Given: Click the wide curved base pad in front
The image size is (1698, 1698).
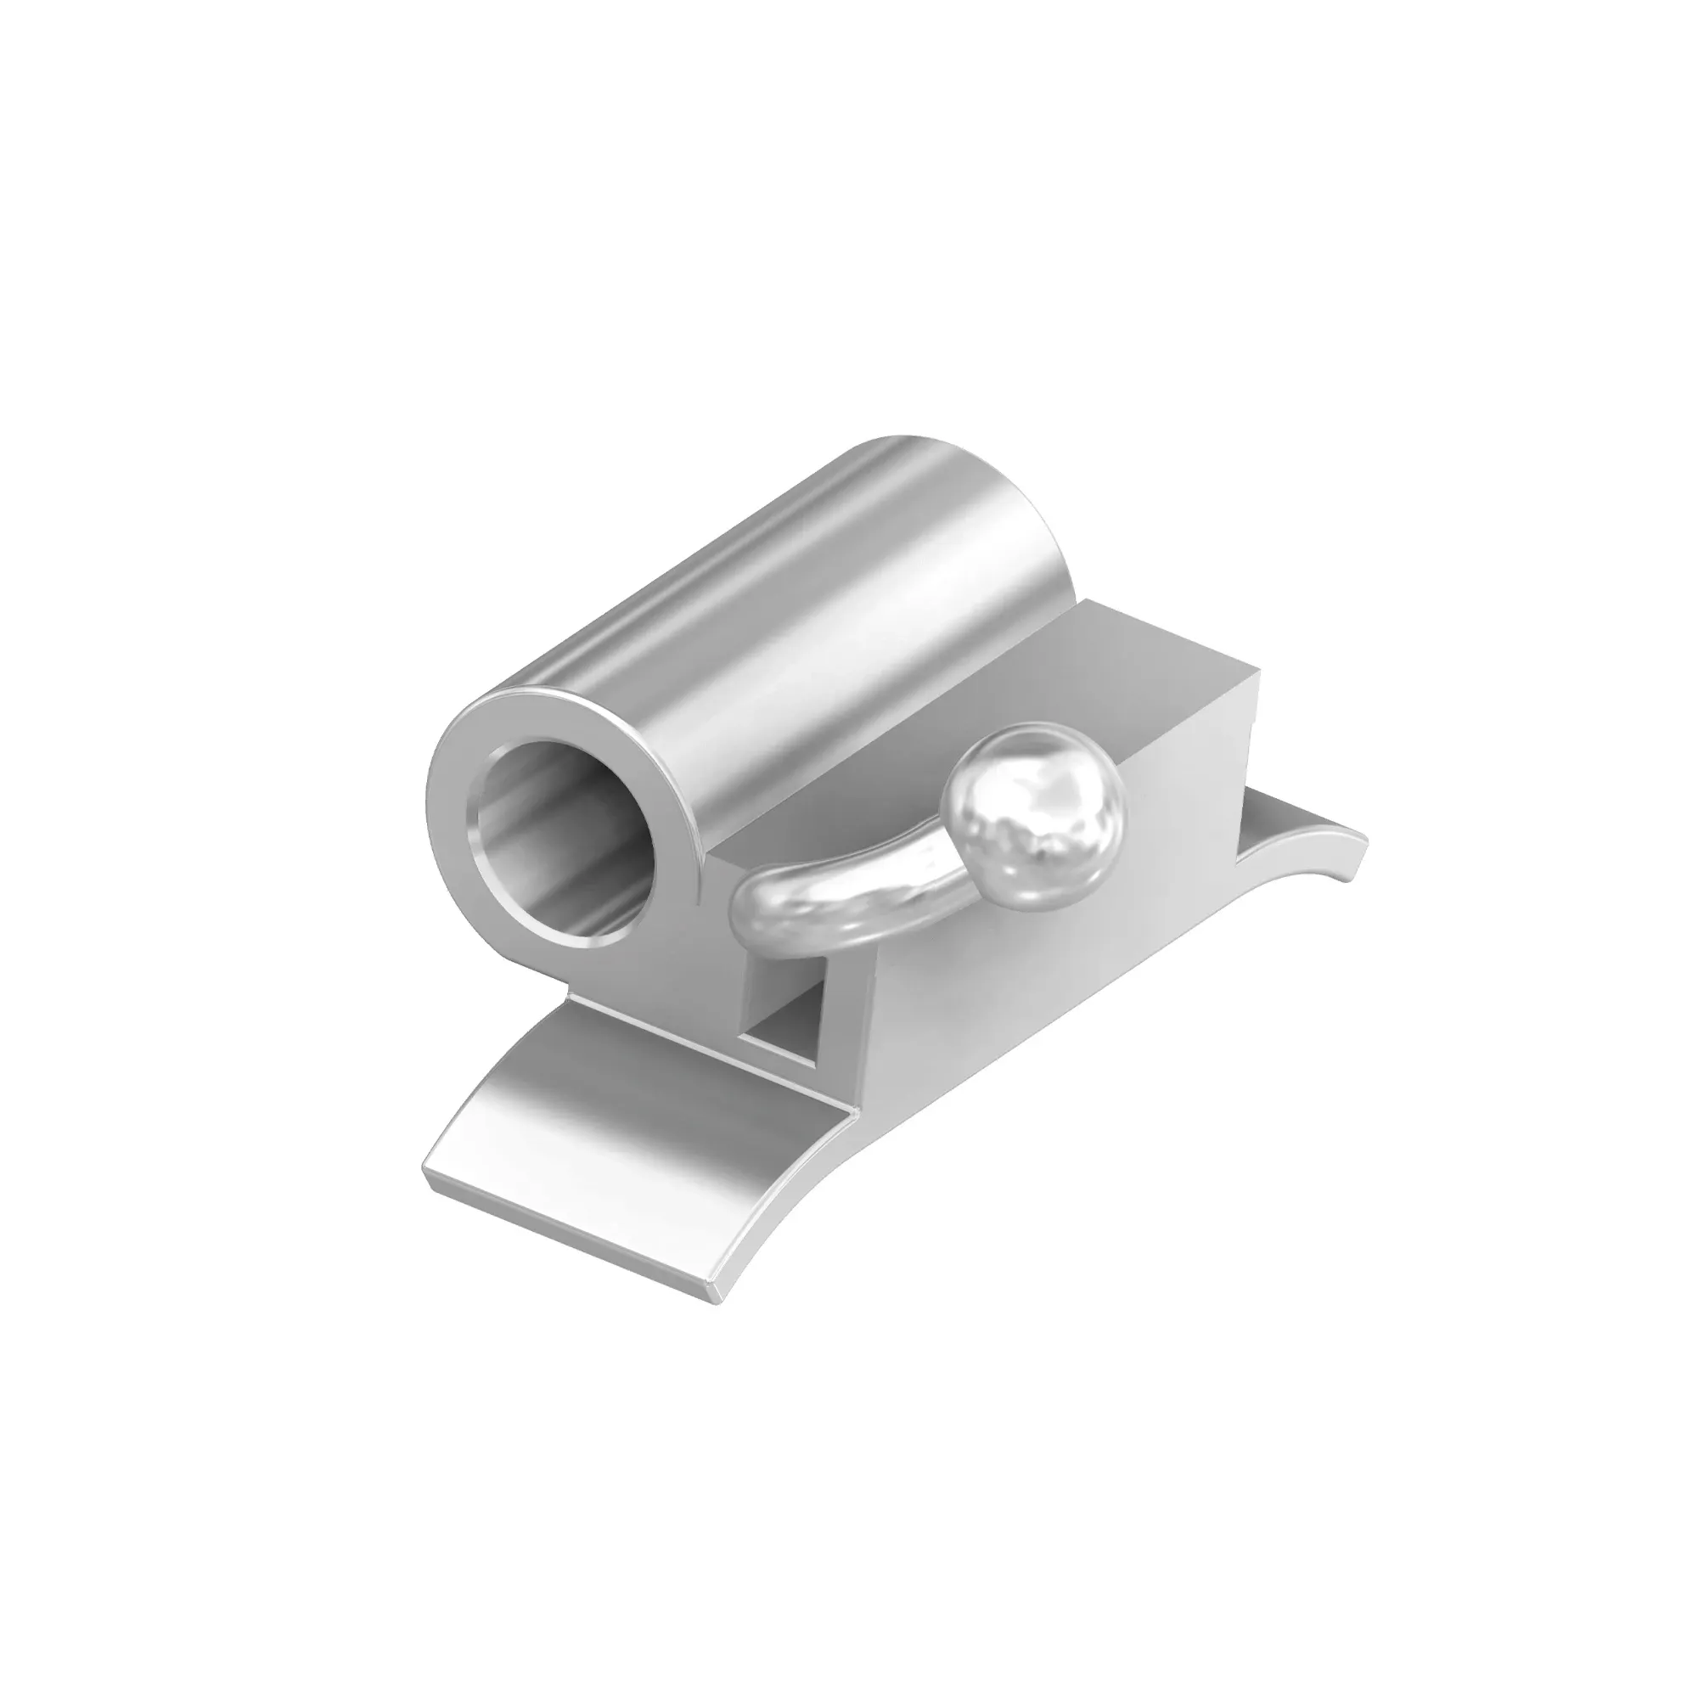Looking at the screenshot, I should [x=616, y=1143].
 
